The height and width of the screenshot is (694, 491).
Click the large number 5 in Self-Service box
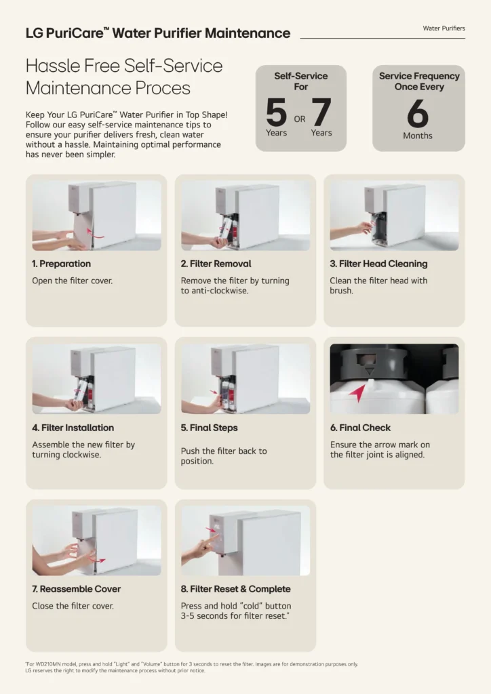point(276,112)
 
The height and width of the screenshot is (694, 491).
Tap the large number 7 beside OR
point(321,112)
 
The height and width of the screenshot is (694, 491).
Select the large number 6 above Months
point(418,113)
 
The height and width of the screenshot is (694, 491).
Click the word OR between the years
point(300,119)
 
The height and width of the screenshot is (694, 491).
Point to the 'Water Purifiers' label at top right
point(444,28)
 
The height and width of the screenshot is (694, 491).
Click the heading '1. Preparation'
point(61,264)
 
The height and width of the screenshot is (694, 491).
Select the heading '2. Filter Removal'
point(216,264)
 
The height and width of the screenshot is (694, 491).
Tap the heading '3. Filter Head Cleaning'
point(378,264)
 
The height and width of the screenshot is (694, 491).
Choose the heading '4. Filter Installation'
point(73,428)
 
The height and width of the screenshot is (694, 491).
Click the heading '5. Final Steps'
point(209,428)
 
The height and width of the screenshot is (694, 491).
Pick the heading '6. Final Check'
point(360,428)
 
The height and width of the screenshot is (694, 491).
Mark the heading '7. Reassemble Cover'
point(76,589)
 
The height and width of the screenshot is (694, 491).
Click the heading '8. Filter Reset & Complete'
point(235,589)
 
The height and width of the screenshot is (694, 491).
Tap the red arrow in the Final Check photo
point(357,392)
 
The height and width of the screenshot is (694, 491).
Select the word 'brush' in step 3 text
point(340,291)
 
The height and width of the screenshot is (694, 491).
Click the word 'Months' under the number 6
point(418,136)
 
